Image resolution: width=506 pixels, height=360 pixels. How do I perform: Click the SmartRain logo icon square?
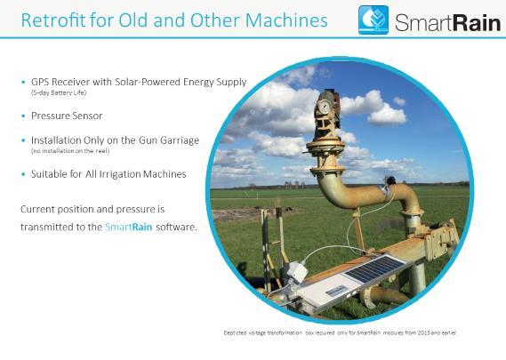(x=373, y=20)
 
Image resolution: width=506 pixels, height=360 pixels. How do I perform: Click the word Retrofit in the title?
(x=53, y=20)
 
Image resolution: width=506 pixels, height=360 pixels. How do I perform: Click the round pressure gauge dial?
(x=324, y=107)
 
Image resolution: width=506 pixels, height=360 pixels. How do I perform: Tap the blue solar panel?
(x=374, y=268)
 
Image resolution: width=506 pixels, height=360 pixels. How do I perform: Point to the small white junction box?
(x=297, y=272)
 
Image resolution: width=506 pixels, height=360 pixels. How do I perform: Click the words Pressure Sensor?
(x=67, y=116)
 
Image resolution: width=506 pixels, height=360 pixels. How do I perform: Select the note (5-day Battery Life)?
(x=59, y=93)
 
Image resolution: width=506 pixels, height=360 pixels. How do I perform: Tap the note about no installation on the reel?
(x=70, y=151)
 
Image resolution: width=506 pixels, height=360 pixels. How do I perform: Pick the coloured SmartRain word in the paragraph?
(x=128, y=227)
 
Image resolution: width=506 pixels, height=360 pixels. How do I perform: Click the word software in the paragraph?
(x=176, y=227)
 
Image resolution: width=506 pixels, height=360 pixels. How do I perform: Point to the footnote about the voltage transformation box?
(x=341, y=332)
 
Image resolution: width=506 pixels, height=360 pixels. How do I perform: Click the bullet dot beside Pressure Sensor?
(x=23, y=116)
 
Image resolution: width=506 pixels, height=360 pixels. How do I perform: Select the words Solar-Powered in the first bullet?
(x=148, y=82)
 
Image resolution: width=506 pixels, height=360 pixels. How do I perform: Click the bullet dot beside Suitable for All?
(x=23, y=174)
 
